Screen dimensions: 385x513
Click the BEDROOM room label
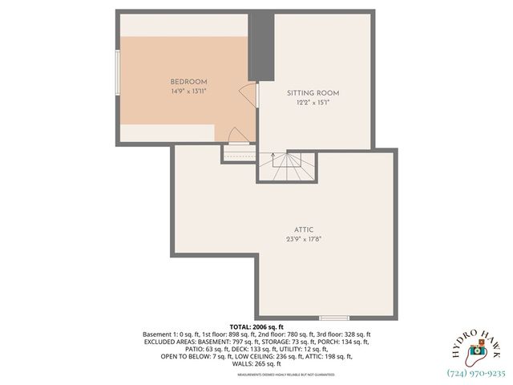(188, 82)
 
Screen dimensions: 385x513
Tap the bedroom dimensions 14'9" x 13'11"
(188, 91)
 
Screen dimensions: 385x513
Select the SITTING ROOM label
(313, 93)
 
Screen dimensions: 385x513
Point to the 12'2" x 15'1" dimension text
(313, 103)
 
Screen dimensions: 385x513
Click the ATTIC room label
(304, 229)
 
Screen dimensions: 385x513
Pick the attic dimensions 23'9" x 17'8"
(304, 238)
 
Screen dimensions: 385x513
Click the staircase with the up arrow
(287, 168)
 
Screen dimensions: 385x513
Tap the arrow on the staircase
(273, 156)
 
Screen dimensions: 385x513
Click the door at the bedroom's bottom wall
(233, 136)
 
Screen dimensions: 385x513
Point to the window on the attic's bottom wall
(335, 318)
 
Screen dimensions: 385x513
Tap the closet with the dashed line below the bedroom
(238, 152)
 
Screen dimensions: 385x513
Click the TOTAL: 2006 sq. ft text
(256, 327)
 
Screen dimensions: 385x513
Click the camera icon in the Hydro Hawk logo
(476, 351)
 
